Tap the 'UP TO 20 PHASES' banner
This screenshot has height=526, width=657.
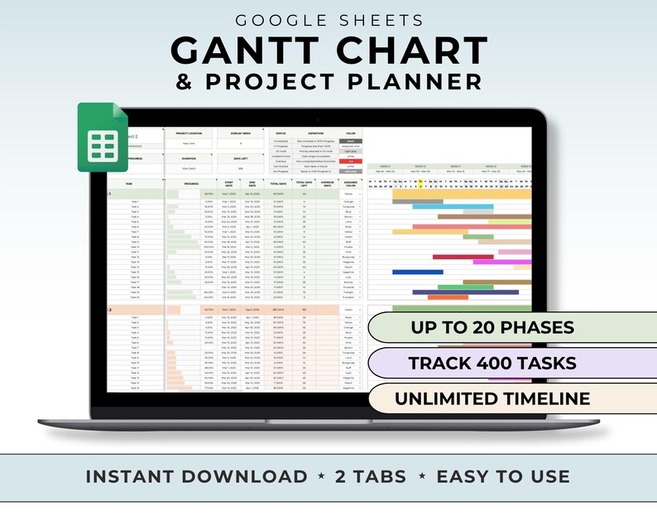pos(492,326)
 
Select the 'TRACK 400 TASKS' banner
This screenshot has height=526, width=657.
pos(493,362)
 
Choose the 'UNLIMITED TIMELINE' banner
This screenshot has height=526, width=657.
pos(492,398)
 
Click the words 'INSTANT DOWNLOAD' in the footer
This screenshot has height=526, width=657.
pos(197,476)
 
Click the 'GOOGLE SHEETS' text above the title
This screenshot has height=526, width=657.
pos(328,20)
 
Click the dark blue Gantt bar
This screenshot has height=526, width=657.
pos(418,272)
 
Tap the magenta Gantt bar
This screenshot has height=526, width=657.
pos(501,263)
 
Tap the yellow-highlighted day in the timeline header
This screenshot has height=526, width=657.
pos(420,180)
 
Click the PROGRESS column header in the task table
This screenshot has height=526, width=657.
pos(190,184)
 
